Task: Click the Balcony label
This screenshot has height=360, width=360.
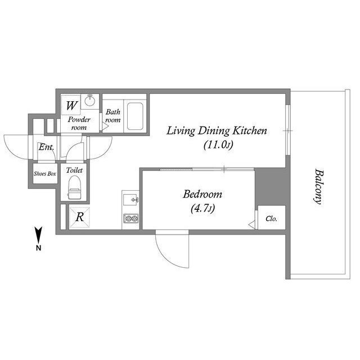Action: [319, 187]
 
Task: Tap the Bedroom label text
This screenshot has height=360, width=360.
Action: [202, 194]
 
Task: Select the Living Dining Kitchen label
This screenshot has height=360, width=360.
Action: [217, 131]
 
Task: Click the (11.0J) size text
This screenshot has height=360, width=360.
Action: [218, 145]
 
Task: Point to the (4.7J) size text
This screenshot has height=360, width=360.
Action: [202, 209]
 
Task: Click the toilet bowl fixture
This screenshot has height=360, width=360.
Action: [74, 187]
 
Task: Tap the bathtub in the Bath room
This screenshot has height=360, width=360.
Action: [135, 116]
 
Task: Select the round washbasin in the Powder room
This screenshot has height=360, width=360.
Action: [90, 100]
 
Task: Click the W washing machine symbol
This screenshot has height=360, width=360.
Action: [71, 106]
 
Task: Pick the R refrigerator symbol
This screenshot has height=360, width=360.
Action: [80, 217]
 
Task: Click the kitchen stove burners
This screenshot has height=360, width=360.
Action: [131, 218]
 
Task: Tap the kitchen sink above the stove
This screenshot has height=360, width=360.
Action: [130, 200]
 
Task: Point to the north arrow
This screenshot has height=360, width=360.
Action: [38, 235]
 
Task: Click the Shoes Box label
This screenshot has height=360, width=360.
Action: [45, 174]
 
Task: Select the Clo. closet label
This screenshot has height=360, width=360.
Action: [271, 219]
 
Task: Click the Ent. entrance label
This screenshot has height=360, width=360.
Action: [46, 147]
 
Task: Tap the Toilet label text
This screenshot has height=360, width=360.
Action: [74, 170]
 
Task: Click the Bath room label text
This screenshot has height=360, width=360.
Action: [113, 116]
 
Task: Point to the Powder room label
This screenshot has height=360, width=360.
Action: [79, 123]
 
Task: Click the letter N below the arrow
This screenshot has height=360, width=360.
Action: [39, 248]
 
